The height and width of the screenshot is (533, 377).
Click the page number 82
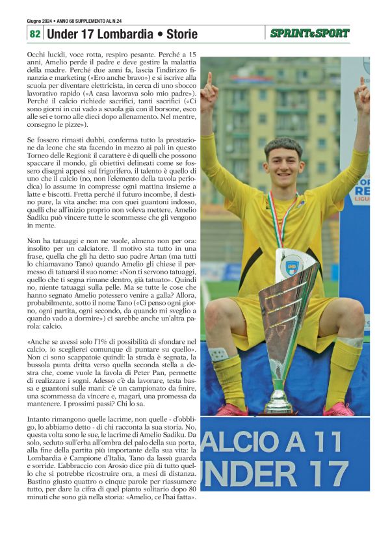pyautogui.click(x=34, y=33)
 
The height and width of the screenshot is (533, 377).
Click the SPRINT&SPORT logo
pyautogui.click(x=309, y=33)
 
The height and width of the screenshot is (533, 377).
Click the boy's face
pyautogui.click(x=283, y=162)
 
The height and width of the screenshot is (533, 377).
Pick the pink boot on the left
pyautogui.click(x=232, y=409)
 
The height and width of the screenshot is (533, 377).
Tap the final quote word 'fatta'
pyautogui.click(x=181, y=497)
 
